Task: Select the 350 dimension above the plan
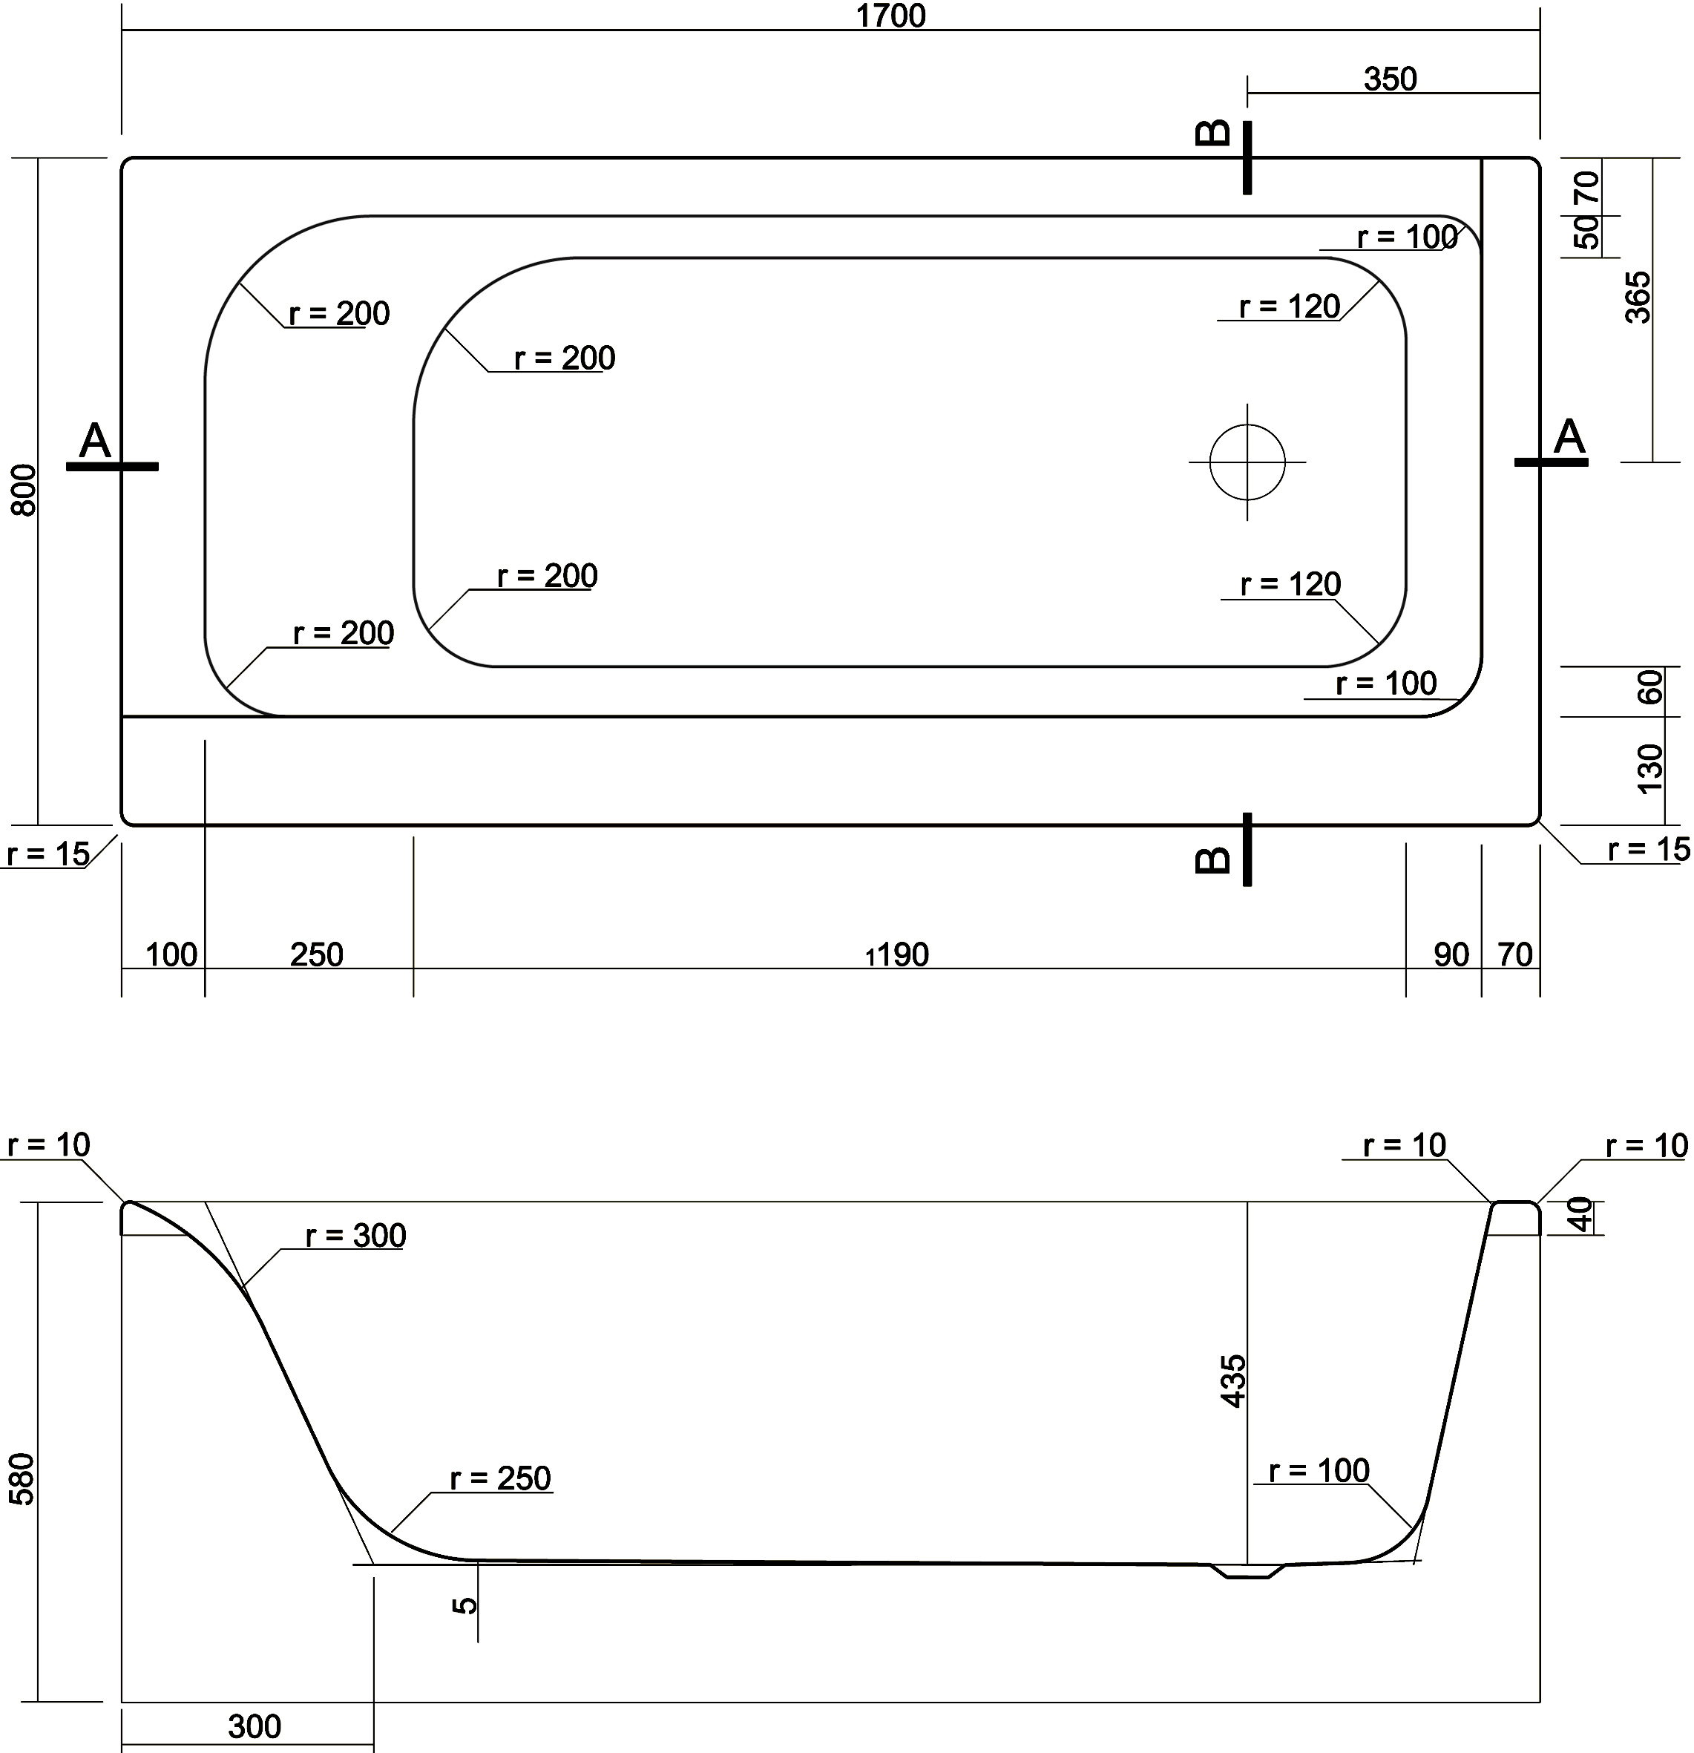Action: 1390,79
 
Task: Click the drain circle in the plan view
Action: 1247,462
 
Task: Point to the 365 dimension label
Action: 1638,297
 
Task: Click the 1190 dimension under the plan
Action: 898,955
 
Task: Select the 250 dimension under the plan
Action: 317,955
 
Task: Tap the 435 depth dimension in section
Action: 1233,1381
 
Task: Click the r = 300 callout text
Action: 355,1235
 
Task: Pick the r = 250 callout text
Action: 500,1478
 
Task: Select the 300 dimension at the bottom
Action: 255,1726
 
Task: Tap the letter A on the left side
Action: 95,440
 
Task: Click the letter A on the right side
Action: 1569,437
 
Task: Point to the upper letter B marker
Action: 1213,134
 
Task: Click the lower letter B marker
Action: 1213,859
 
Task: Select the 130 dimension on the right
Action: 1649,768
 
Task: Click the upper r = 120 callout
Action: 1289,307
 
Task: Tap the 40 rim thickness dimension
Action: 1582,1215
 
